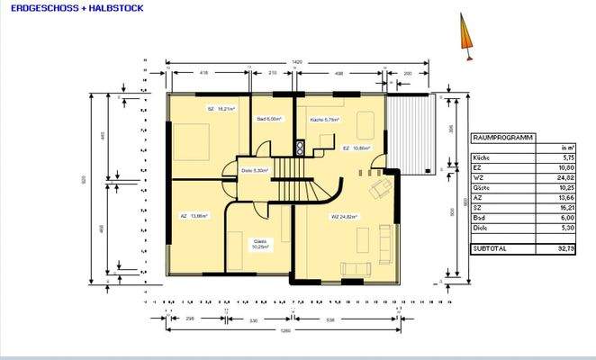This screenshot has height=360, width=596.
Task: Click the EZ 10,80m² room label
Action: [x=357, y=148]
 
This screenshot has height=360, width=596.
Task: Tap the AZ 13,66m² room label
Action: [x=194, y=216]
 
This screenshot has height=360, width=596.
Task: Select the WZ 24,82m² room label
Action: [x=344, y=217]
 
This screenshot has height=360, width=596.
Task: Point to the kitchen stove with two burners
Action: [x=299, y=146]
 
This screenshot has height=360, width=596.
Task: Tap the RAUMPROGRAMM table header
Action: [x=502, y=139]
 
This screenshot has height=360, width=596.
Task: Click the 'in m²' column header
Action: [x=566, y=148]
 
